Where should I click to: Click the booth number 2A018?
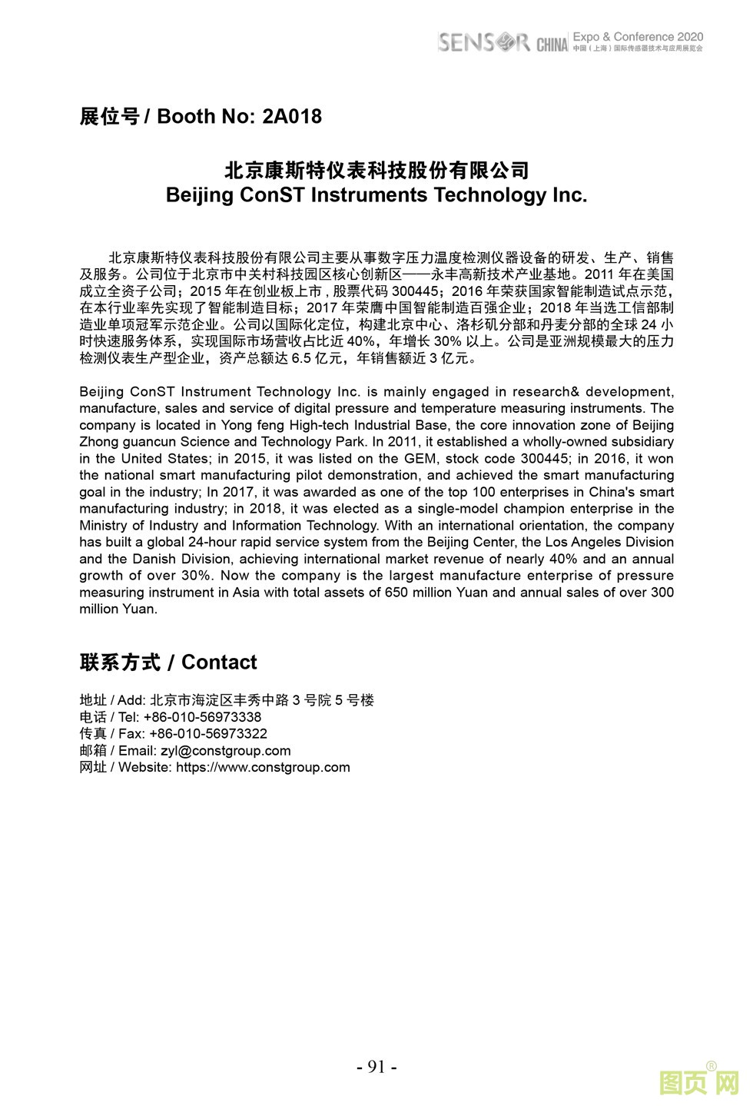click(x=292, y=117)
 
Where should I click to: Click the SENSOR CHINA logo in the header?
click(x=503, y=42)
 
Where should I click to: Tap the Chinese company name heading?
click(x=376, y=170)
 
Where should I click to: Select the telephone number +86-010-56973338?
click(x=202, y=717)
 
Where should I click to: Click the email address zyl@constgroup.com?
click(x=225, y=751)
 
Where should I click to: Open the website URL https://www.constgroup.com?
click(x=263, y=767)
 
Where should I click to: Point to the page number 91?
click(x=376, y=1067)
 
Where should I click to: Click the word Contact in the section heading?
click(x=219, y=663)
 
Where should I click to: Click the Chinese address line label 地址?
click(x=92, y=700)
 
